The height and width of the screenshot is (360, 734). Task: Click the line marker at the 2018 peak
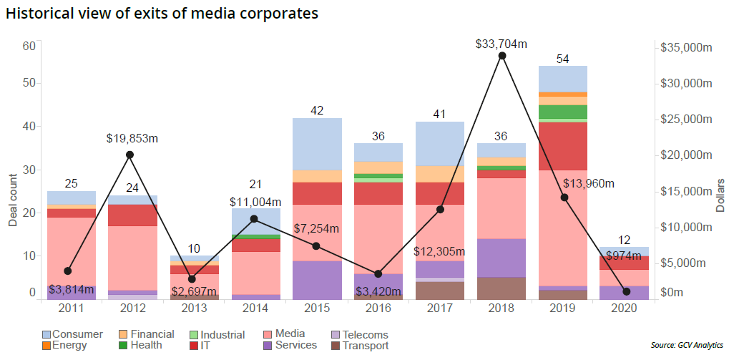point(502,56)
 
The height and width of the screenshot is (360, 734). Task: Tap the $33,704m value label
point(501,44)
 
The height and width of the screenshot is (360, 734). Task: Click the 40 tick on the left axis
point(29,126)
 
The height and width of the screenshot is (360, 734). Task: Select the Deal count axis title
point(13,193)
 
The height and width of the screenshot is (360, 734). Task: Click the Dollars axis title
point(721,194)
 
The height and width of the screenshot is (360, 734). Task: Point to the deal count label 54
point(563,58)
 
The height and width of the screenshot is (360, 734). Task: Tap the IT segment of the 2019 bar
point(563,146)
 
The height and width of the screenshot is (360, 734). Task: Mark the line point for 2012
point(129,155)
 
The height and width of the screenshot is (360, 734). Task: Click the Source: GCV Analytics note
point(687,346)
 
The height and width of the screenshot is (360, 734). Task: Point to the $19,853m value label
point(129,138)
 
